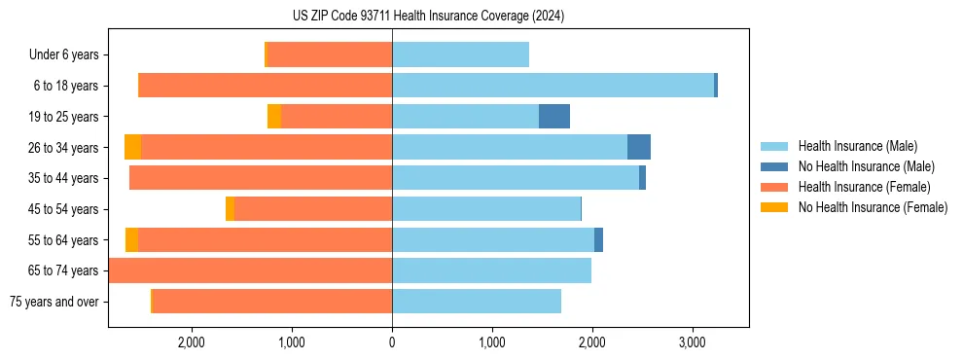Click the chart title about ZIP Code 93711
pyautogui.click(x=428, y=17)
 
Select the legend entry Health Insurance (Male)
pyautogui.click(x=857, y=147)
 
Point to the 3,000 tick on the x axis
pyautogui.click(x=692, y=343)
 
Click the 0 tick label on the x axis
pyautogui.click(x=392, y=343)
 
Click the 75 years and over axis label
pyautogui.click(x=53, y=302)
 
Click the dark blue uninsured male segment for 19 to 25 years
pyautogui.click(x=554, y=117)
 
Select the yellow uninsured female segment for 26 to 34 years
pyautogui.click(x=132, y=147)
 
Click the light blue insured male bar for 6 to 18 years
pyautogui.click(x=553, y=86)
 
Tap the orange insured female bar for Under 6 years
pyautogui.click(x=330, y=54)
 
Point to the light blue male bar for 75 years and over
pyautogui.click(x=477, y=302)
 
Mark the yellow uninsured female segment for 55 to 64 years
pyautogui.click(x=131, y=239)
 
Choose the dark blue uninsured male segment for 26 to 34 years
pyautogui.click(x=639, y=147)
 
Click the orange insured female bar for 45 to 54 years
pyautogui.click(x=313, y=209)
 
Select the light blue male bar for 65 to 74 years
pyautogui.click(x=491, y=270)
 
